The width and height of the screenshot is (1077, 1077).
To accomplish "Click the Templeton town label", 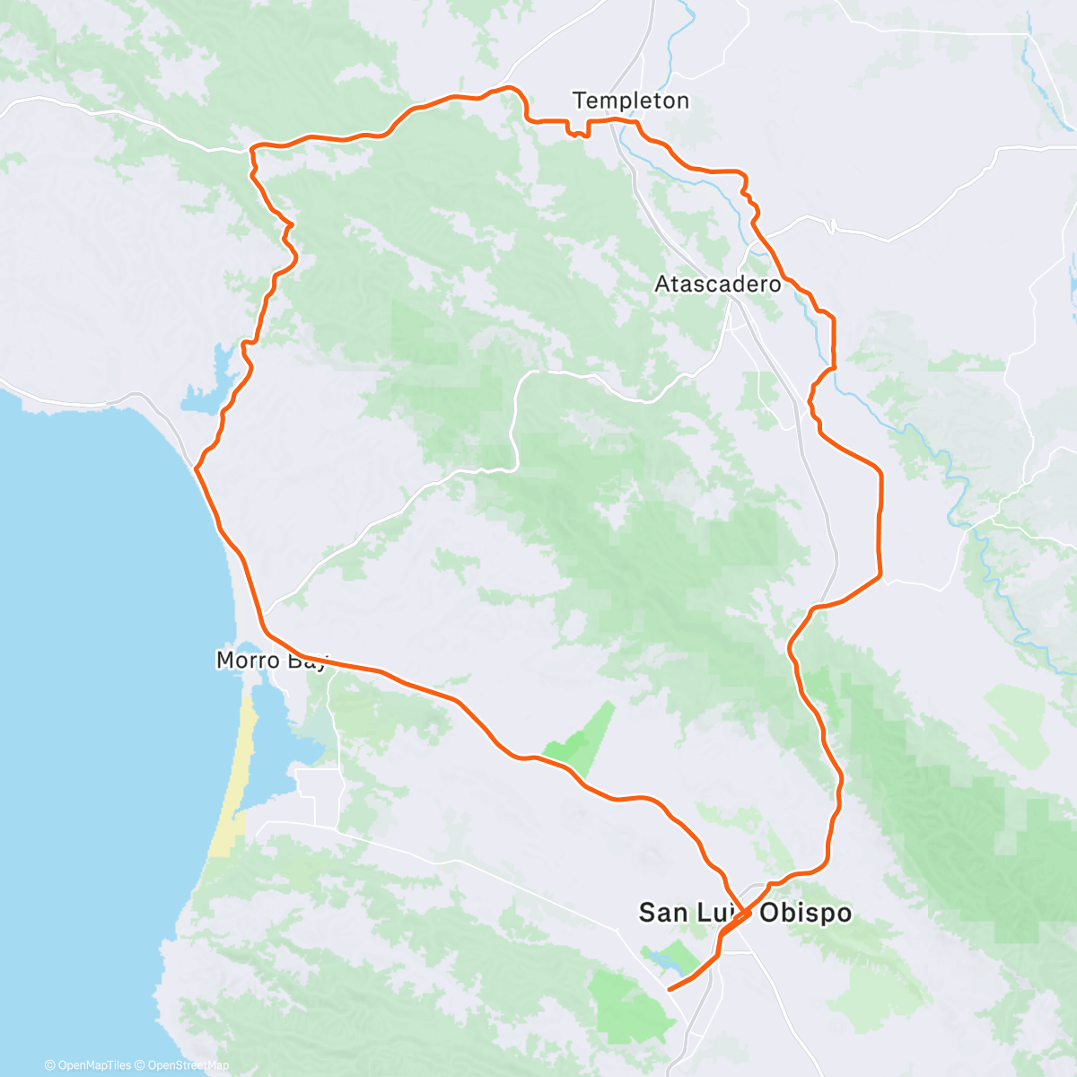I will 631,101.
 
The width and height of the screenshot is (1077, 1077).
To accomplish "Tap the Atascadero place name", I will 717,285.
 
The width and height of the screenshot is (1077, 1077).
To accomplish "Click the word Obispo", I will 806,914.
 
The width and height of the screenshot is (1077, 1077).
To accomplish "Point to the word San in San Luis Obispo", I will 664,914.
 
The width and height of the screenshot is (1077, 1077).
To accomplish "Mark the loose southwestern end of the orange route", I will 670,990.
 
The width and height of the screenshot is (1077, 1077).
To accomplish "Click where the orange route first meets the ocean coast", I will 197,468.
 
